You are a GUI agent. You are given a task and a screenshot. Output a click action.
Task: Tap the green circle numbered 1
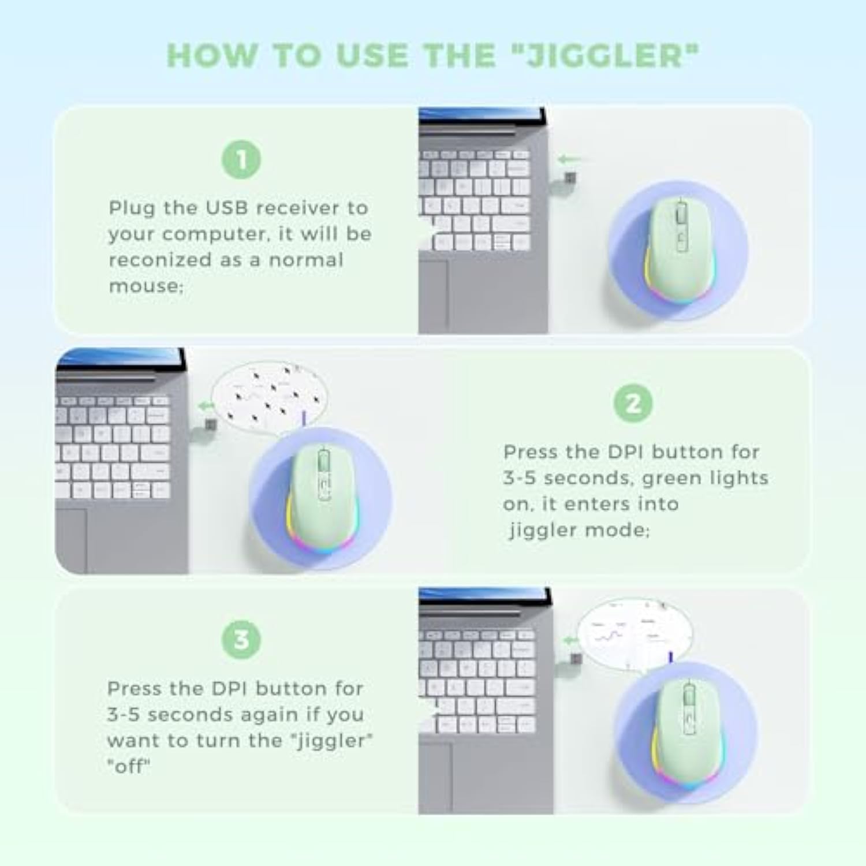(241, 159)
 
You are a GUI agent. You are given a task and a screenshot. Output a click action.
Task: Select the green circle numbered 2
(633, 403)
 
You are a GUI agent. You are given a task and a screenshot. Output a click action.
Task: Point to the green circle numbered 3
(241, 640)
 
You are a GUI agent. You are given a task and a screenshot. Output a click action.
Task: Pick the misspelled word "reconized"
(160, 260)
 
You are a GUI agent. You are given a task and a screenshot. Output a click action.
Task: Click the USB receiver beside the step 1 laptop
(570, 178)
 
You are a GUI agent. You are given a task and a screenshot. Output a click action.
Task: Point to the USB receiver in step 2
(211, 425)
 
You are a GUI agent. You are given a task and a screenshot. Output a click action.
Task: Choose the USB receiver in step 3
(576, 659)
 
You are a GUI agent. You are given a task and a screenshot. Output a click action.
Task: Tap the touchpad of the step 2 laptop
(72, 540)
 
